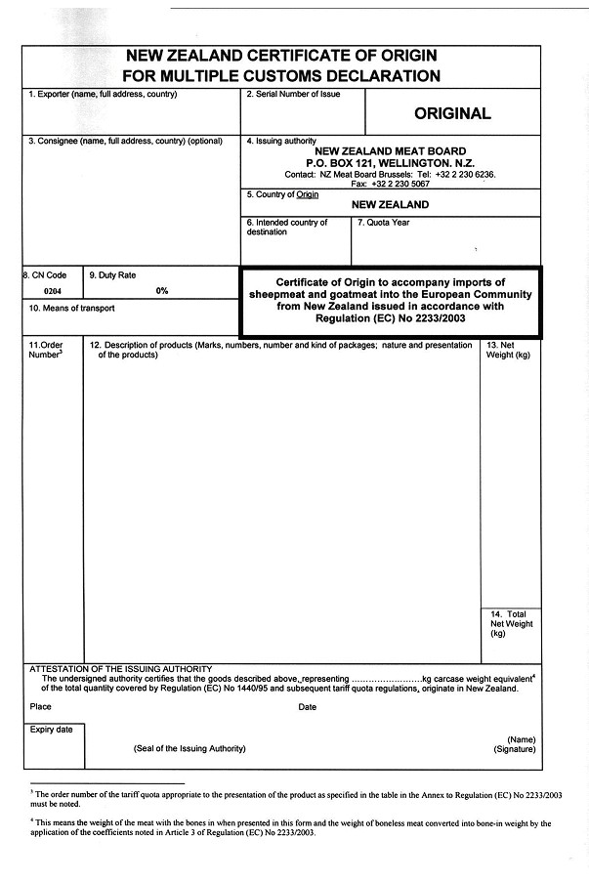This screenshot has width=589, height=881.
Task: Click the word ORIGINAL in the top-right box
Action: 452,113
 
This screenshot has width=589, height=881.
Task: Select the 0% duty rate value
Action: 162,291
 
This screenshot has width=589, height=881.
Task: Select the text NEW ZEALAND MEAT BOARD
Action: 391,151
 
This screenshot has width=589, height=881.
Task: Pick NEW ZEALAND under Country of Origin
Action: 390,205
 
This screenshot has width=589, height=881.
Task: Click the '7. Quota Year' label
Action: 384,223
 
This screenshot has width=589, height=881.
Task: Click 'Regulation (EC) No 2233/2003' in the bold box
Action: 391,317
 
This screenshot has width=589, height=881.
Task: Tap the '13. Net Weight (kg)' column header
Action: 508,350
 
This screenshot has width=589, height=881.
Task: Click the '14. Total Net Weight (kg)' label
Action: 510,623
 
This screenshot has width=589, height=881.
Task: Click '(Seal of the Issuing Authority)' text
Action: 189,749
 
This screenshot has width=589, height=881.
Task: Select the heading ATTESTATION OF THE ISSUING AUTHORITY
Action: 121,668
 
